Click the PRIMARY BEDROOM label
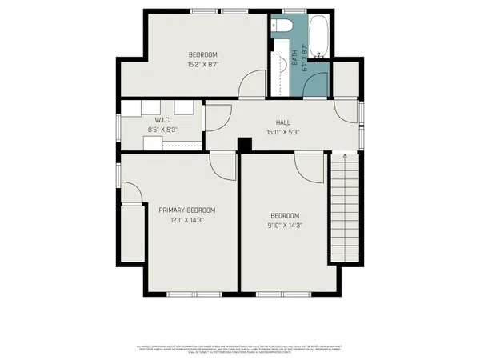point(186,210)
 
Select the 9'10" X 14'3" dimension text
point(284,226)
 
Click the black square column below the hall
point(246,143)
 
